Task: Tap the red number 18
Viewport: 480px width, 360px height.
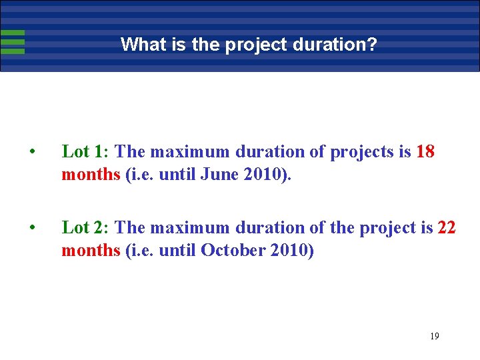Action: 425,152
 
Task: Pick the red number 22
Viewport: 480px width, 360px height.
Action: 447,228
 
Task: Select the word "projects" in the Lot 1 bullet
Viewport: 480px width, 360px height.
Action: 362,152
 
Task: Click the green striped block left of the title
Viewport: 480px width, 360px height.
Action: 13,42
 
